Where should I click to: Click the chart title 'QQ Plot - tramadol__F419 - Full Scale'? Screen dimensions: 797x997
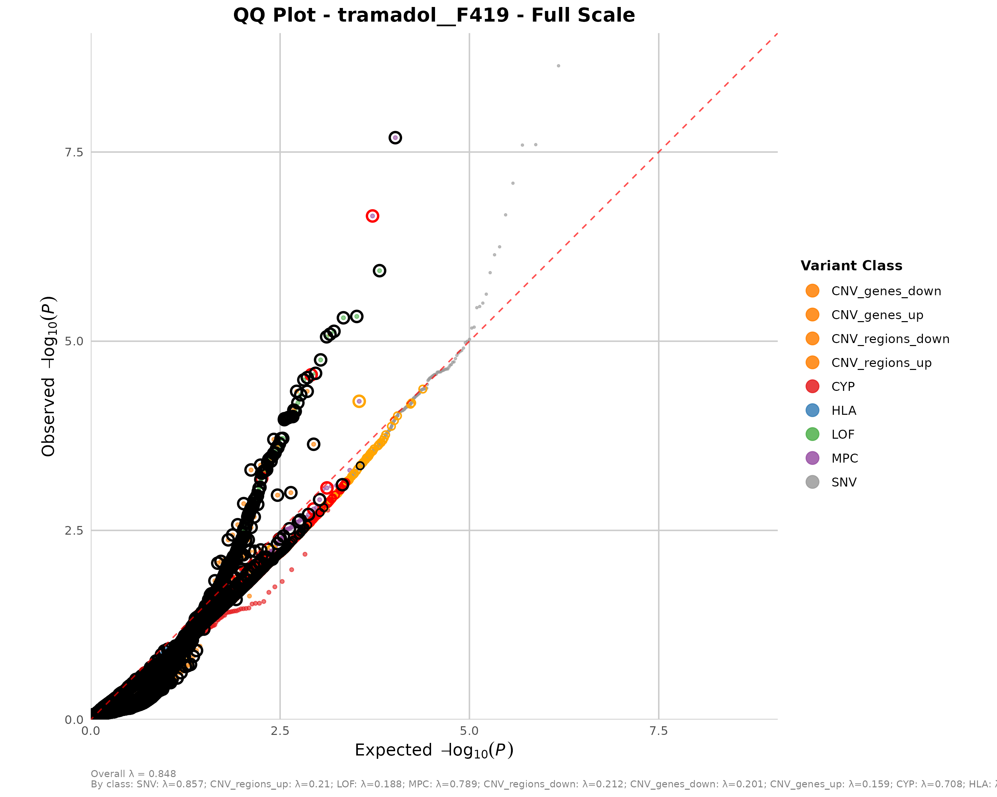coord(434,15)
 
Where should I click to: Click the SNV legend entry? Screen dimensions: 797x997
coord(843,483)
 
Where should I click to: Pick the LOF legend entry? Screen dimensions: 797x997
coord(842,434)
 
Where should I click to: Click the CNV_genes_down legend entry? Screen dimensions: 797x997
coord(886,291)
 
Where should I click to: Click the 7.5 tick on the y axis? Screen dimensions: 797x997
coord(74,152)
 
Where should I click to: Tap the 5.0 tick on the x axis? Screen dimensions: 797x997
coord(469,731)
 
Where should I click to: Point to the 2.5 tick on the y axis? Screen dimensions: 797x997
coord(74,530)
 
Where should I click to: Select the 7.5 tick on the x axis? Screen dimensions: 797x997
coord(658,731)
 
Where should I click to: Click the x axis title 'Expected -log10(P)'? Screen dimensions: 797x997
coord(434,750)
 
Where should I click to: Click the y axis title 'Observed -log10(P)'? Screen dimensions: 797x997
coord(49,376)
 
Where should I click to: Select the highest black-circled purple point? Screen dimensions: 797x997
coord(395,138)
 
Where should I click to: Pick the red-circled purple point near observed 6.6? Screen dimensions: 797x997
coord(372,216)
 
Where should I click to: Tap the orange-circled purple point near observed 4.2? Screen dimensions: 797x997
coord(359,401)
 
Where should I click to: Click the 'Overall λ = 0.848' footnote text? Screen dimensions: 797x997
coord(133,773)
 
